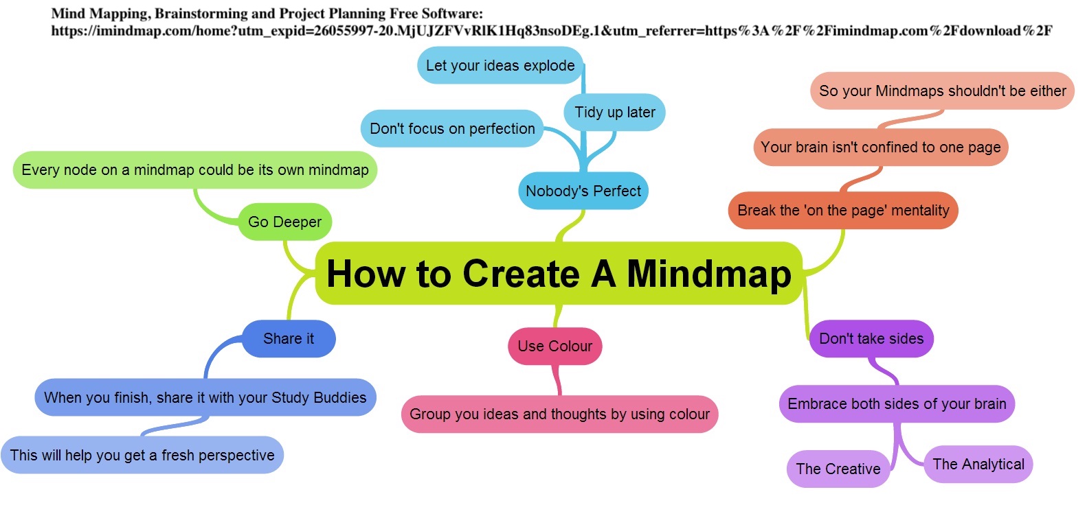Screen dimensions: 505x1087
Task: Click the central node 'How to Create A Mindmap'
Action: click(x=558, y=273)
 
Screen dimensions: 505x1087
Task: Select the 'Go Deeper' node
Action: click(x=284, y=222)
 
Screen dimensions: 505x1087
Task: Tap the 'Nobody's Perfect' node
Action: click(x=583, y=191)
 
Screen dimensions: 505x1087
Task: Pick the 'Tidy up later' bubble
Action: click(x=614, y=112)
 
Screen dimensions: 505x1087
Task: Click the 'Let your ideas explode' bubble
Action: click(x=500, y=65)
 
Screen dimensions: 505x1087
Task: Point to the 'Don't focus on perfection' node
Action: click(x=451, y=128)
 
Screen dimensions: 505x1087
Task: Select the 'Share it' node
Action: click(x=289, y=338)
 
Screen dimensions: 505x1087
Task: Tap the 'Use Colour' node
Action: click(x=554, y=346)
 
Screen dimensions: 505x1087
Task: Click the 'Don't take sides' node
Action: click(x=871, y=338)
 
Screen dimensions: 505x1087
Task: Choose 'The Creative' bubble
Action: click(x=838, y=469)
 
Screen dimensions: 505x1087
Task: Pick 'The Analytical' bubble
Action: click(x=978, y=464)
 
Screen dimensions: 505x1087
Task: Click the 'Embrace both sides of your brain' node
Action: click(x=896, y=403)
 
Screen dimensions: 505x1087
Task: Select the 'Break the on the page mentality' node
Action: click(x=842, y=210)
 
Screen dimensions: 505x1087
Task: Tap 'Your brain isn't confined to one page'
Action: click(x=880, y=147)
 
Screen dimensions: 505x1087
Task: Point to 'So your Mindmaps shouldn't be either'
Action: click(x=942, y=91)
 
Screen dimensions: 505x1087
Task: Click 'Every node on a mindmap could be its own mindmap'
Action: click(x=194, y=169)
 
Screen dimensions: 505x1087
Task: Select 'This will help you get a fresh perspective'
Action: click(x=142, y=455)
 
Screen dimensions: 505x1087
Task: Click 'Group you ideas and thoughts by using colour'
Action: click(x=559, y=414)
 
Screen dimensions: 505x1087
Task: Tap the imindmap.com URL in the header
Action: click(x=551, y=30)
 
